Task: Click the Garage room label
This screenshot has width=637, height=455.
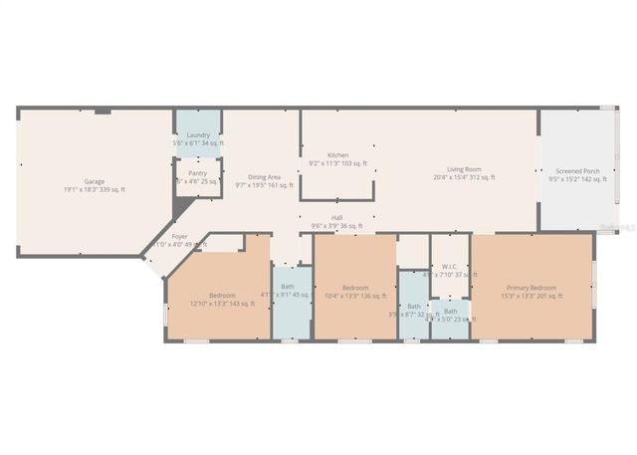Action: point(95,181)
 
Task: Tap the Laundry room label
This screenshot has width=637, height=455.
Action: point(198,134)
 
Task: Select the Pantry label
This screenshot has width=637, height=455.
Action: point(197,173)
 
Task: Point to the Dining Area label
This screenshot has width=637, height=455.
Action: point(264,176)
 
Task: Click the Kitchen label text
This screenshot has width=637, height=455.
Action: point(338,155)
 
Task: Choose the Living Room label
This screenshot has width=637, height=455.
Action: point(464,169)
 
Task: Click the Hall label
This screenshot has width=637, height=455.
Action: point(337,218)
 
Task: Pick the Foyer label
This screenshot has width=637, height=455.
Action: point(179,236)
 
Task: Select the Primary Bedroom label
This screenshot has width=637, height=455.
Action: point(532,288)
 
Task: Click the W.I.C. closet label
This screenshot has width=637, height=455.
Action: point(449,266)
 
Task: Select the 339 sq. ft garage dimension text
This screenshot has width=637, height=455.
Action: point(95,189)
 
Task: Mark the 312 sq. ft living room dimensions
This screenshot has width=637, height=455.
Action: point(464,177)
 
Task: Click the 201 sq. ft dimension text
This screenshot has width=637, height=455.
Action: point(532,296)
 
